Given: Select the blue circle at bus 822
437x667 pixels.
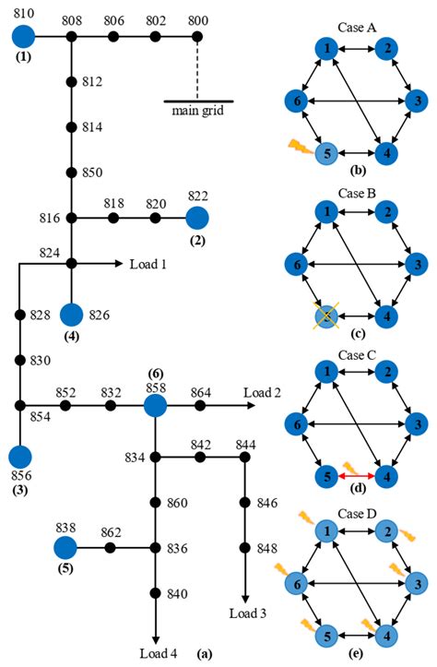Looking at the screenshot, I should (x=197, y=219).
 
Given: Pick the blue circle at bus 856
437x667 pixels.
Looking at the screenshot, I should (x=20, y=457).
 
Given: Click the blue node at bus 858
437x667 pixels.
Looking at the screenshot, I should (x=155, y=405).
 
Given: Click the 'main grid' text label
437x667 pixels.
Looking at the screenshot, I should (x=197, y=112).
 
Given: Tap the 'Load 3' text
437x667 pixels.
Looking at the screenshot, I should (x=245, y=612).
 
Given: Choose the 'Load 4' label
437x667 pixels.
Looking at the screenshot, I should (x=158, y=654).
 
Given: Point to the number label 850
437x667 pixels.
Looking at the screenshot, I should (x=92, y=172).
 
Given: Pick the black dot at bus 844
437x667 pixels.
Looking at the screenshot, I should (x=245, y=457).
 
